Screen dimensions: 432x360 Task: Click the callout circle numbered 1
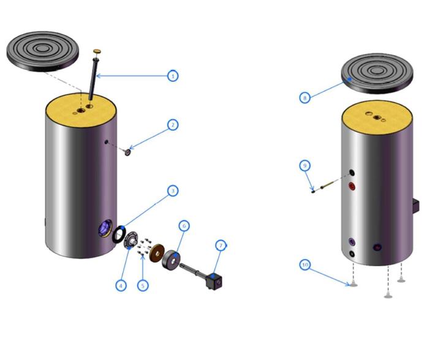[x=173, y=76]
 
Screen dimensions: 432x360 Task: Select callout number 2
[x=173, y=125]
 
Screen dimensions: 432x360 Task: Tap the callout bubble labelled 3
[x=173, y=191]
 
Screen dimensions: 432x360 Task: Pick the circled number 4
[x=121, y=285]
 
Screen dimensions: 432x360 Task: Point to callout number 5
[x=143, y=285]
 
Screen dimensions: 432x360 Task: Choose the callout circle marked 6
[x=184, y=226]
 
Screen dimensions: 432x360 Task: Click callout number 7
[x=221, y=246]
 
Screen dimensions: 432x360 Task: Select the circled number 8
[x=305, y=98]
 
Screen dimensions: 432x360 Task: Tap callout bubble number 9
[x=305, y=165]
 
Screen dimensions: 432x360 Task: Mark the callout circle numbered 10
[x=305, y=264]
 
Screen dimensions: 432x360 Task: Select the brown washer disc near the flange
[x=157, y=252]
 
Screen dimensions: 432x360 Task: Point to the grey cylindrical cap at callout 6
[x=171, y=260]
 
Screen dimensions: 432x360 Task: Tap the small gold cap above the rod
[x=97, y=51]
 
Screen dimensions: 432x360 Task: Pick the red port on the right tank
[x=352, y=186]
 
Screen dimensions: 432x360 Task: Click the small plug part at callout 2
[x=127, y=152]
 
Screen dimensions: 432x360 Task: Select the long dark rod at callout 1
[x=93, y=79]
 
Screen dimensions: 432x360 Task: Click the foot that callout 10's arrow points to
[x=354, y=285]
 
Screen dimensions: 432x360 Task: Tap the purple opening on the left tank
[x=105, y=228]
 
